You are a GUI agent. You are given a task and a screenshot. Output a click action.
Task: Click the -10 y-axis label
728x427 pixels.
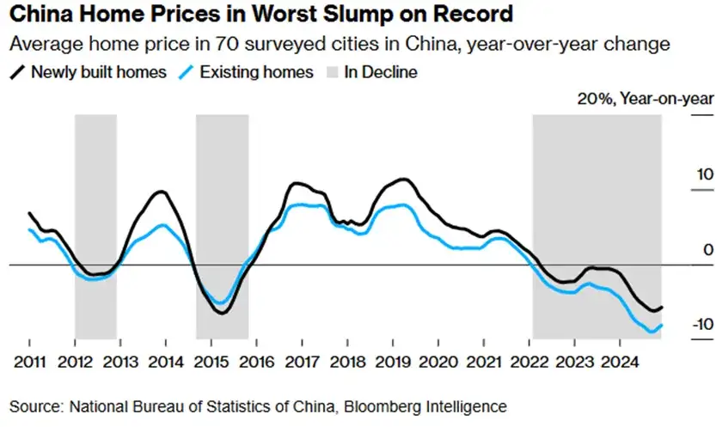[x=701, y=325]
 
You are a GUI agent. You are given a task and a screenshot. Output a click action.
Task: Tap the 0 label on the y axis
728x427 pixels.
[x=708, y=250]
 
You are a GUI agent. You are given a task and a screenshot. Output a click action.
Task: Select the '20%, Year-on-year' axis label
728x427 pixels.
[x=645, y=99]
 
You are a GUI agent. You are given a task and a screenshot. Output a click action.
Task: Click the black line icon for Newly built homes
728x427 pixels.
[x=19, y=72]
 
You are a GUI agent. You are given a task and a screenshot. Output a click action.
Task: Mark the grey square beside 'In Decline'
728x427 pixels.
[x=331, y=72]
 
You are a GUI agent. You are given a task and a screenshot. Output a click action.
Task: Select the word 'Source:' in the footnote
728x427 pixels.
[x=36, y=406]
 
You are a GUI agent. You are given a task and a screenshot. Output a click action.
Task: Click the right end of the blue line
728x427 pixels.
[x=661, y=325]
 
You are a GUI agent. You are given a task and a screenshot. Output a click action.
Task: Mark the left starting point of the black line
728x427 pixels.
[x=29, y=213]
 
